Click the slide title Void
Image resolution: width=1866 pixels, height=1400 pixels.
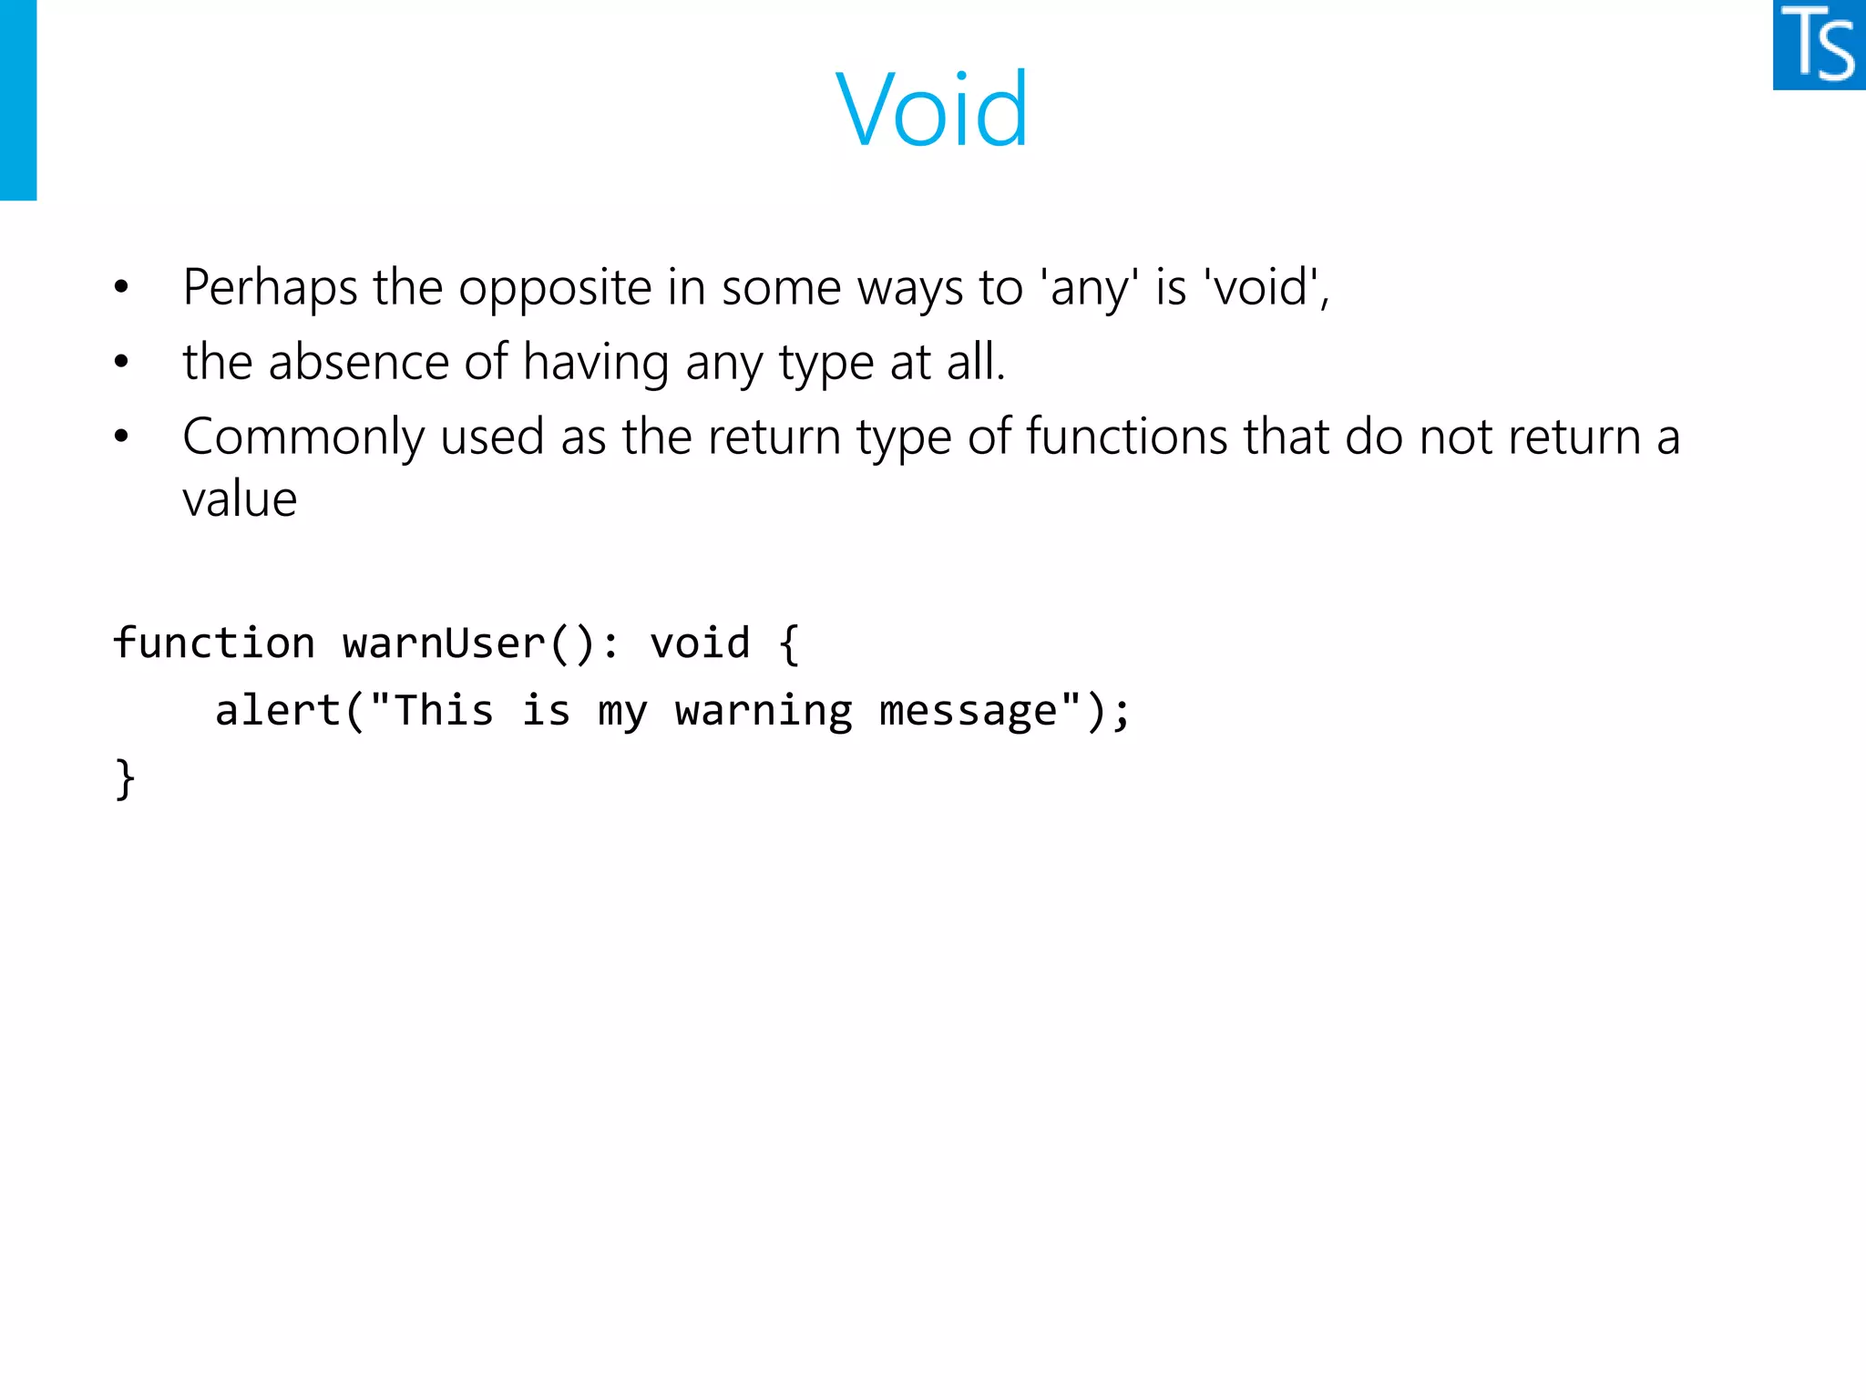click(x=931, y=109)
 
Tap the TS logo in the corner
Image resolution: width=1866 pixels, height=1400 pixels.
click(x=1819, y=45)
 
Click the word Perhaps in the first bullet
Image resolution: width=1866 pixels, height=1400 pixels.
click(x=270, y=289)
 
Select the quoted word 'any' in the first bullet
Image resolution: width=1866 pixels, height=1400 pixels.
click(x=1089, y=289)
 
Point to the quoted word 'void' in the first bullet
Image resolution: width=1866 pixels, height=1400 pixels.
click(x=1262, y=289)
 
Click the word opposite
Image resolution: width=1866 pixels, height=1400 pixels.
click(x=554, y=289)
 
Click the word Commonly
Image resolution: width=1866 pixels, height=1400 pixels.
click(x=302, y=437)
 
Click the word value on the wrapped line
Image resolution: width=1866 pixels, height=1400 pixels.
click(x=240, y=499)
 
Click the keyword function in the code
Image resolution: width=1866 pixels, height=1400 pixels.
click(x=214, y=643)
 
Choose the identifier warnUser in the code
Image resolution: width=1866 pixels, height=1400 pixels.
click(x=444, y=643)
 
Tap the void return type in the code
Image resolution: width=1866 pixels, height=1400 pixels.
click(x=700, y=643)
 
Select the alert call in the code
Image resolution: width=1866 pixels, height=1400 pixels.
click(x=277, y=711)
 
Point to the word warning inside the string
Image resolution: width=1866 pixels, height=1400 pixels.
click(x=764, y=711)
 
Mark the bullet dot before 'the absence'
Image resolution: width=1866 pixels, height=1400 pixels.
click(x=121, y=363)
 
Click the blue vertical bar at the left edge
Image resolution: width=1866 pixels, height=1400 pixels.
click(x=17, y=99)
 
